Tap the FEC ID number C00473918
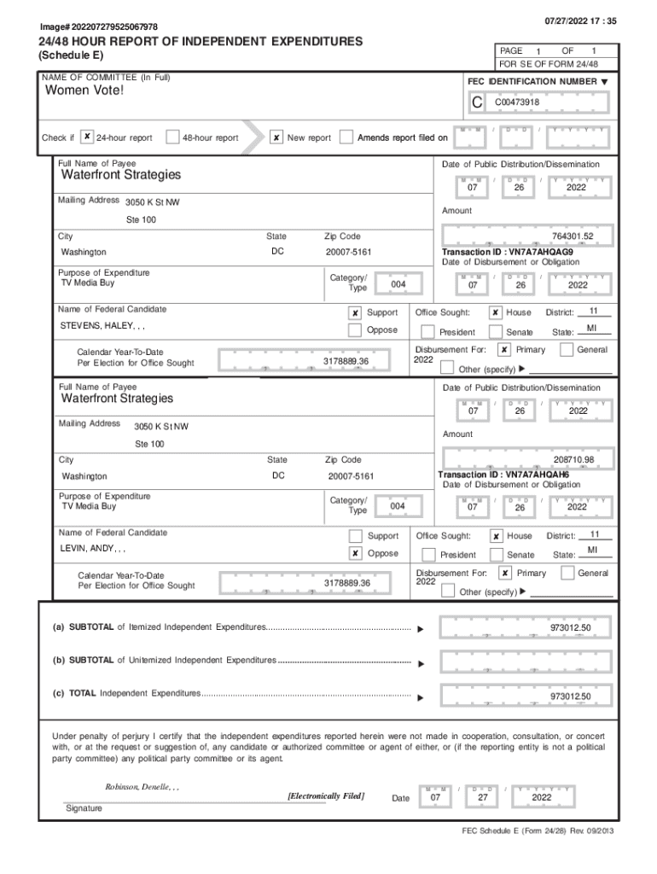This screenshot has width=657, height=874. coord(517,102)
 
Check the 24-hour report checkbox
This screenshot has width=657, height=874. coord(88,137)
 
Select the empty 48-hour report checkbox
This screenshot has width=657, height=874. coord(172,137)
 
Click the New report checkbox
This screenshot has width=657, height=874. coord(276,137)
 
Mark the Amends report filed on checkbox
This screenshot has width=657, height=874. coord(346,137)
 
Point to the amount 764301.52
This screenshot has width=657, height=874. coord(572,236)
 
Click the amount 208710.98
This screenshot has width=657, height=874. coord(573,460)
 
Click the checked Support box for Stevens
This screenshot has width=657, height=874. coord(355,313)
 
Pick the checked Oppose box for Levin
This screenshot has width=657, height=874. coord(355,553)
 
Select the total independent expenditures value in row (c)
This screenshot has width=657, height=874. coord(570,696)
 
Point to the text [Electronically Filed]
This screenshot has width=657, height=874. coord(326,796)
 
